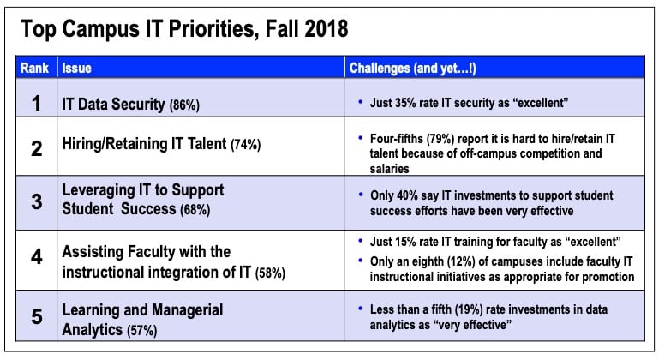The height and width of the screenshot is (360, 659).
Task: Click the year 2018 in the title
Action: coord(327,28)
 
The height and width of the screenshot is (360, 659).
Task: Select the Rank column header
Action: coord(34,68)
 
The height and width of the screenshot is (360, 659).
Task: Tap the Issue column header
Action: coord(76,68)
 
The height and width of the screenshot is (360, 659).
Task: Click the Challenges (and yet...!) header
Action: coord(413,68)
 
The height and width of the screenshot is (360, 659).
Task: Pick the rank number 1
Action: coord(37,103)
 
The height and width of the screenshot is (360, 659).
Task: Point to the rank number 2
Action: coord(37,148)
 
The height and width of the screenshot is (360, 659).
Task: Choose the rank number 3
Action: coord(37,201)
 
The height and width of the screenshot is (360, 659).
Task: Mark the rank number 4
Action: coord(37,256)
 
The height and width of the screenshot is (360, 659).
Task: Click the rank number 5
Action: coord(37,316)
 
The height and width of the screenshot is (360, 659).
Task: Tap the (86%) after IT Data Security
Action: coord(184,105)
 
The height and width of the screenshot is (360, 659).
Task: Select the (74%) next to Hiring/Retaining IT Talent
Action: coord(246,145)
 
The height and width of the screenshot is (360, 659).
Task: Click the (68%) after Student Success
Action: coord(195,209)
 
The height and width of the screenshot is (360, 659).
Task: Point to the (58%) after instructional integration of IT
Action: coord(270,273)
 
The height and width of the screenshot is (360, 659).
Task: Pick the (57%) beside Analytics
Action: coord(142,330)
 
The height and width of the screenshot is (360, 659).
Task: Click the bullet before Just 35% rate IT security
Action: coord(360,102)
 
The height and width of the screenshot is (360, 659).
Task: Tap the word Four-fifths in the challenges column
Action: coord(396,139)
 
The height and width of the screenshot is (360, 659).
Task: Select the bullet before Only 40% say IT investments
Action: coord(360,195)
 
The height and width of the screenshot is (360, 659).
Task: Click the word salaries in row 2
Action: coord(390,169)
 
